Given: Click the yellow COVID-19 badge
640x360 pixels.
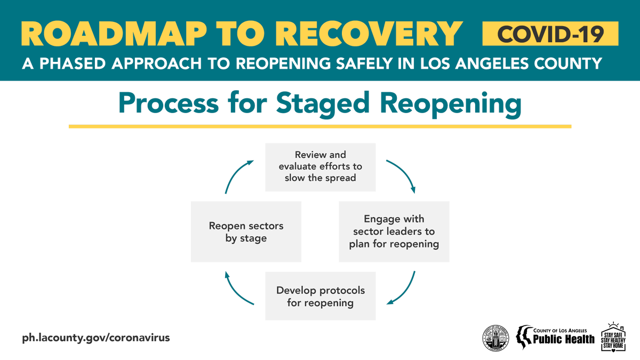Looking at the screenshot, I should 550,34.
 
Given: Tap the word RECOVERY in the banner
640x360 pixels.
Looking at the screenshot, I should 371,34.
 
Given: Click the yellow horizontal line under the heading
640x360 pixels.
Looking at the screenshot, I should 320,126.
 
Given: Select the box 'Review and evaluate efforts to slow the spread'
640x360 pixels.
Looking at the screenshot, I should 320,166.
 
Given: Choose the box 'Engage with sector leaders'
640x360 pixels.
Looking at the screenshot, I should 394,231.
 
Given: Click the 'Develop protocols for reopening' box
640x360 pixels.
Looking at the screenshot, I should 320,296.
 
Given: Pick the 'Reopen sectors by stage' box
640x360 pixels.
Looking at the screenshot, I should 246,231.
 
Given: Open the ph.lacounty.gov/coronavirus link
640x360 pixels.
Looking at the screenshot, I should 96,338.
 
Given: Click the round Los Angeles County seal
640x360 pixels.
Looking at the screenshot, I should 495,338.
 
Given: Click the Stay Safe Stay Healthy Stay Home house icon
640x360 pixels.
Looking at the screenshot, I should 613,337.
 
